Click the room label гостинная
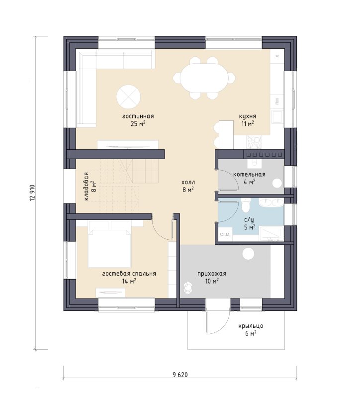[138, 116]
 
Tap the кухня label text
[247, 116]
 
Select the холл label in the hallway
[188, 183]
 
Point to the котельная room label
[249, 175]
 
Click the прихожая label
[212, 274]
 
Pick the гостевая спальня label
[129, 274]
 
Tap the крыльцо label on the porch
[251, 326]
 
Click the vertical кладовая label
[87, 186]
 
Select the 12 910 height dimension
[32, 193]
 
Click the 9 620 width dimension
[180, 375]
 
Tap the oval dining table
[204, 78]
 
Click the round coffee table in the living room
[128, 97]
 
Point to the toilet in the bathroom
[246, 205]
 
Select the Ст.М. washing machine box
[225, 234]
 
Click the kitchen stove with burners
[254, 142]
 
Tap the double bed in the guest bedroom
[109, 244]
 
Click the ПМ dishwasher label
[277, 101]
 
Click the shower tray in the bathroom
[271, 234]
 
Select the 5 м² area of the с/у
[250, 227]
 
